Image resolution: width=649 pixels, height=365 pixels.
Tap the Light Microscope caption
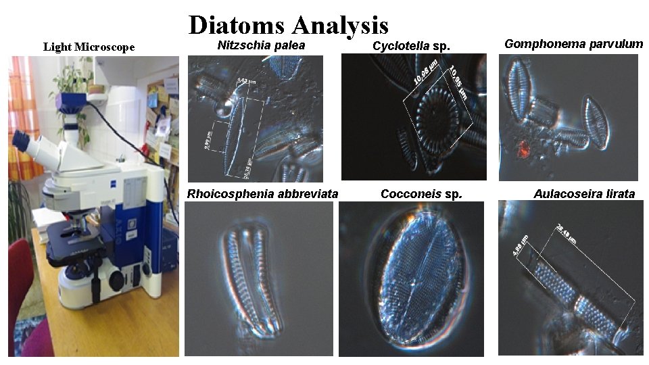click(x=89, y=47)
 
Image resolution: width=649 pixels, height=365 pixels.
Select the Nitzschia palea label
click(x=261, y=45)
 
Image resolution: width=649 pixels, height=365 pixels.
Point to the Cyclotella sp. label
click(x=411, y=46)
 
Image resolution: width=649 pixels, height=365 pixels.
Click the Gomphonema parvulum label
click(x=573, y=44)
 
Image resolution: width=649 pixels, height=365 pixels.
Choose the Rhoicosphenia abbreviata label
click(x=262, y=194)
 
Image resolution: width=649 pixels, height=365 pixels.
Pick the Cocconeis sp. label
click(x=421, y=194)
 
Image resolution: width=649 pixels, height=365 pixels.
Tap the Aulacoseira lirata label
click(x=584, y=194)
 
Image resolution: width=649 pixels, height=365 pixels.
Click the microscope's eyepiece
click(x=22, y=139)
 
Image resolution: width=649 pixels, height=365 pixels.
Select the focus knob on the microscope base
click(x=116, y=278)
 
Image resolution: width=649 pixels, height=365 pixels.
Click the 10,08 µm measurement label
click(x=425, y=74)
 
